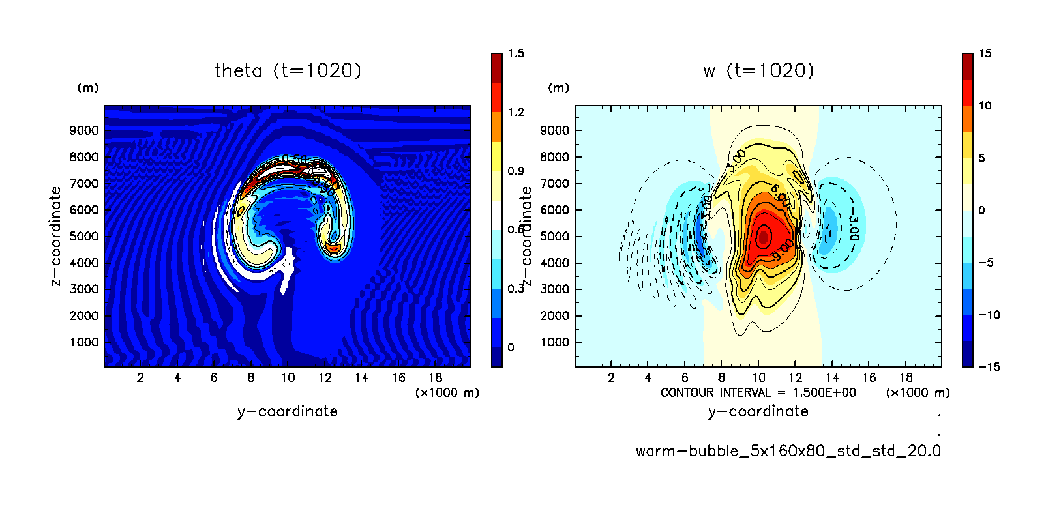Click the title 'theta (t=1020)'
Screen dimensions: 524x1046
point(288,70)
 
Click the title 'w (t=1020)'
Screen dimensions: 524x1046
point(758,70)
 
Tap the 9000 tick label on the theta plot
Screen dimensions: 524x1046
point(83,130)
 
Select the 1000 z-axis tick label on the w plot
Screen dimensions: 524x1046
point(554,342)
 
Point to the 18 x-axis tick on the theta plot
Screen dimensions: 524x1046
point(435,377)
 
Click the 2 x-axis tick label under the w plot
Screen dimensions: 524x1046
point(611,377)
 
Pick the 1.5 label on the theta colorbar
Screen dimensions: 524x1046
point(516,53)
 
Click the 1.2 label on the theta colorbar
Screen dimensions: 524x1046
point(516,112)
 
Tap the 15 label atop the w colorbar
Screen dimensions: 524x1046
point(985,53)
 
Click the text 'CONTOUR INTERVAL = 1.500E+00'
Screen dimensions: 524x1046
point(758,392)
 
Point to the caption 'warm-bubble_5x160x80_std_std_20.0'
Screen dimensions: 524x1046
point(788,451)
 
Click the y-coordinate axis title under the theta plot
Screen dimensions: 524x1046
point(288,411)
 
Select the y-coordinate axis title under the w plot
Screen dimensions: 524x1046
point(758,411)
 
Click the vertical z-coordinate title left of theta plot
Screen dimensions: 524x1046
point(56,236)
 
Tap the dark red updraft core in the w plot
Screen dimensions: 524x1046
point(764,235)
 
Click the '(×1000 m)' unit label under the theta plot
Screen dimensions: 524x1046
point(447,392)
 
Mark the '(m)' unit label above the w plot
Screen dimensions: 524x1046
point(558,88)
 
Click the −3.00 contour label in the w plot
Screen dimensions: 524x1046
point(854,229)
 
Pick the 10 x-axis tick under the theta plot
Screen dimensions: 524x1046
point(288,377)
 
